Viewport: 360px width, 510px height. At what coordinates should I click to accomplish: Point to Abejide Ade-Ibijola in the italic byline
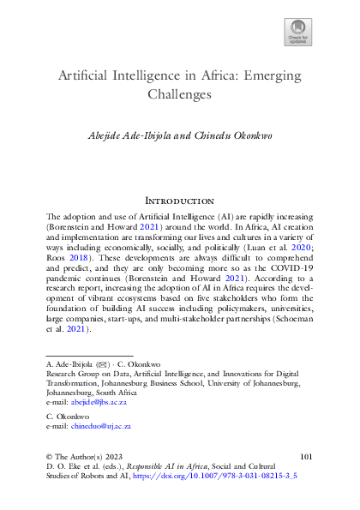(139, 135)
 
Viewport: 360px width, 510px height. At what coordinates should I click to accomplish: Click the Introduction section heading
(180, 200)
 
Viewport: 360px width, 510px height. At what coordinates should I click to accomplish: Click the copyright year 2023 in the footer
(99, 460)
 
